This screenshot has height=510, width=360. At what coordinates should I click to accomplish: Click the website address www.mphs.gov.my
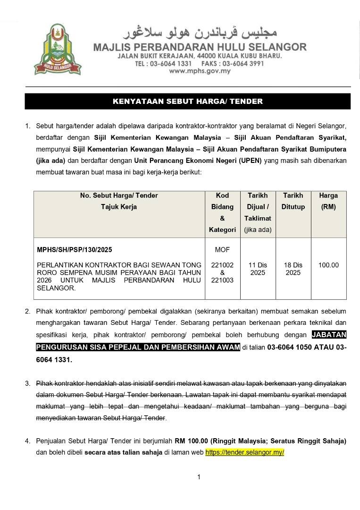pyautogui.click(x=200, y=71)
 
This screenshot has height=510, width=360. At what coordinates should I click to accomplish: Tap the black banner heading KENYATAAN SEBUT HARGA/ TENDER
pyautogui.click(x=188, y=102)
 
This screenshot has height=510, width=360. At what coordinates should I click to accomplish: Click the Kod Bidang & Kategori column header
pyautogui.click(x=222, y=212)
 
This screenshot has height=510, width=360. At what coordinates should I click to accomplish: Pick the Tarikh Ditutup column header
pyautogui.click(x=293, y=201)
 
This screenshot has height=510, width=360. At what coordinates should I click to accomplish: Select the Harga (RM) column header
pyautogui.click(x=328, y=201)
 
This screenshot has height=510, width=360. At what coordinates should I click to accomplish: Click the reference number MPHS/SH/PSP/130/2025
pyautogui.click(x=75, y=249)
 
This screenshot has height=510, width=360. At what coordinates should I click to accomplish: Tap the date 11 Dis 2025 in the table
pyautogui.click(x=258, y=269)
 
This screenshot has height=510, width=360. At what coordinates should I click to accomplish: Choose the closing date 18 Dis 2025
pyautogui.click(x=293, y=269)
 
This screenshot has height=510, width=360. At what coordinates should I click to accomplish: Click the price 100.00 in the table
pyautogui.click(x=328, y=265)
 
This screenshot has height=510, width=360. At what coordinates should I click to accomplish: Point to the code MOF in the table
pyautogui.click(x=222, y=249)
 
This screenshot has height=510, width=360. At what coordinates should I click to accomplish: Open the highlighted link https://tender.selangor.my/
pyautogui.click(x=244, y=452)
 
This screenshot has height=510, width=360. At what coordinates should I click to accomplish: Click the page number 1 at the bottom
pyautogui.click(x=199, y=477)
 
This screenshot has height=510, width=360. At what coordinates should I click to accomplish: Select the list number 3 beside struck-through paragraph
pyautogui.click(x=27, y=383)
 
